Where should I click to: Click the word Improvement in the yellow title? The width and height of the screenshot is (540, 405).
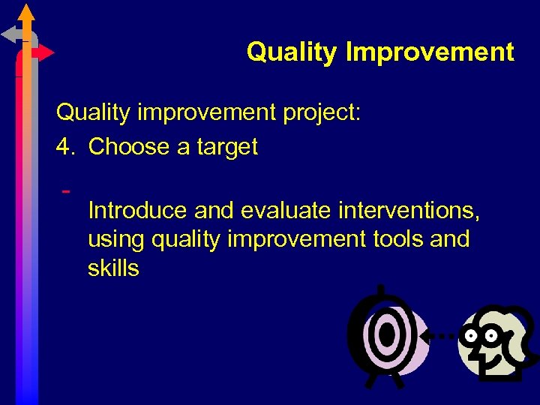pos(430,52)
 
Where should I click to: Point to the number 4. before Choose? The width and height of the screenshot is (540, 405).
pos(67,147)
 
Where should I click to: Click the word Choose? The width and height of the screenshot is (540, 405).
pos(129,147)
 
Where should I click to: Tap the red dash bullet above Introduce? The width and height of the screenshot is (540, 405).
pos(66,190)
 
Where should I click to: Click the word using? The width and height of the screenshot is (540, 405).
pos(116,240)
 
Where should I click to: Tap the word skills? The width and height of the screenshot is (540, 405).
pos(113,268)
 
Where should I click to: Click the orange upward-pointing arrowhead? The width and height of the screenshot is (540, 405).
pos(26,12)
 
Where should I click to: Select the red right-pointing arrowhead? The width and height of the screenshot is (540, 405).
pos(46,53)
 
